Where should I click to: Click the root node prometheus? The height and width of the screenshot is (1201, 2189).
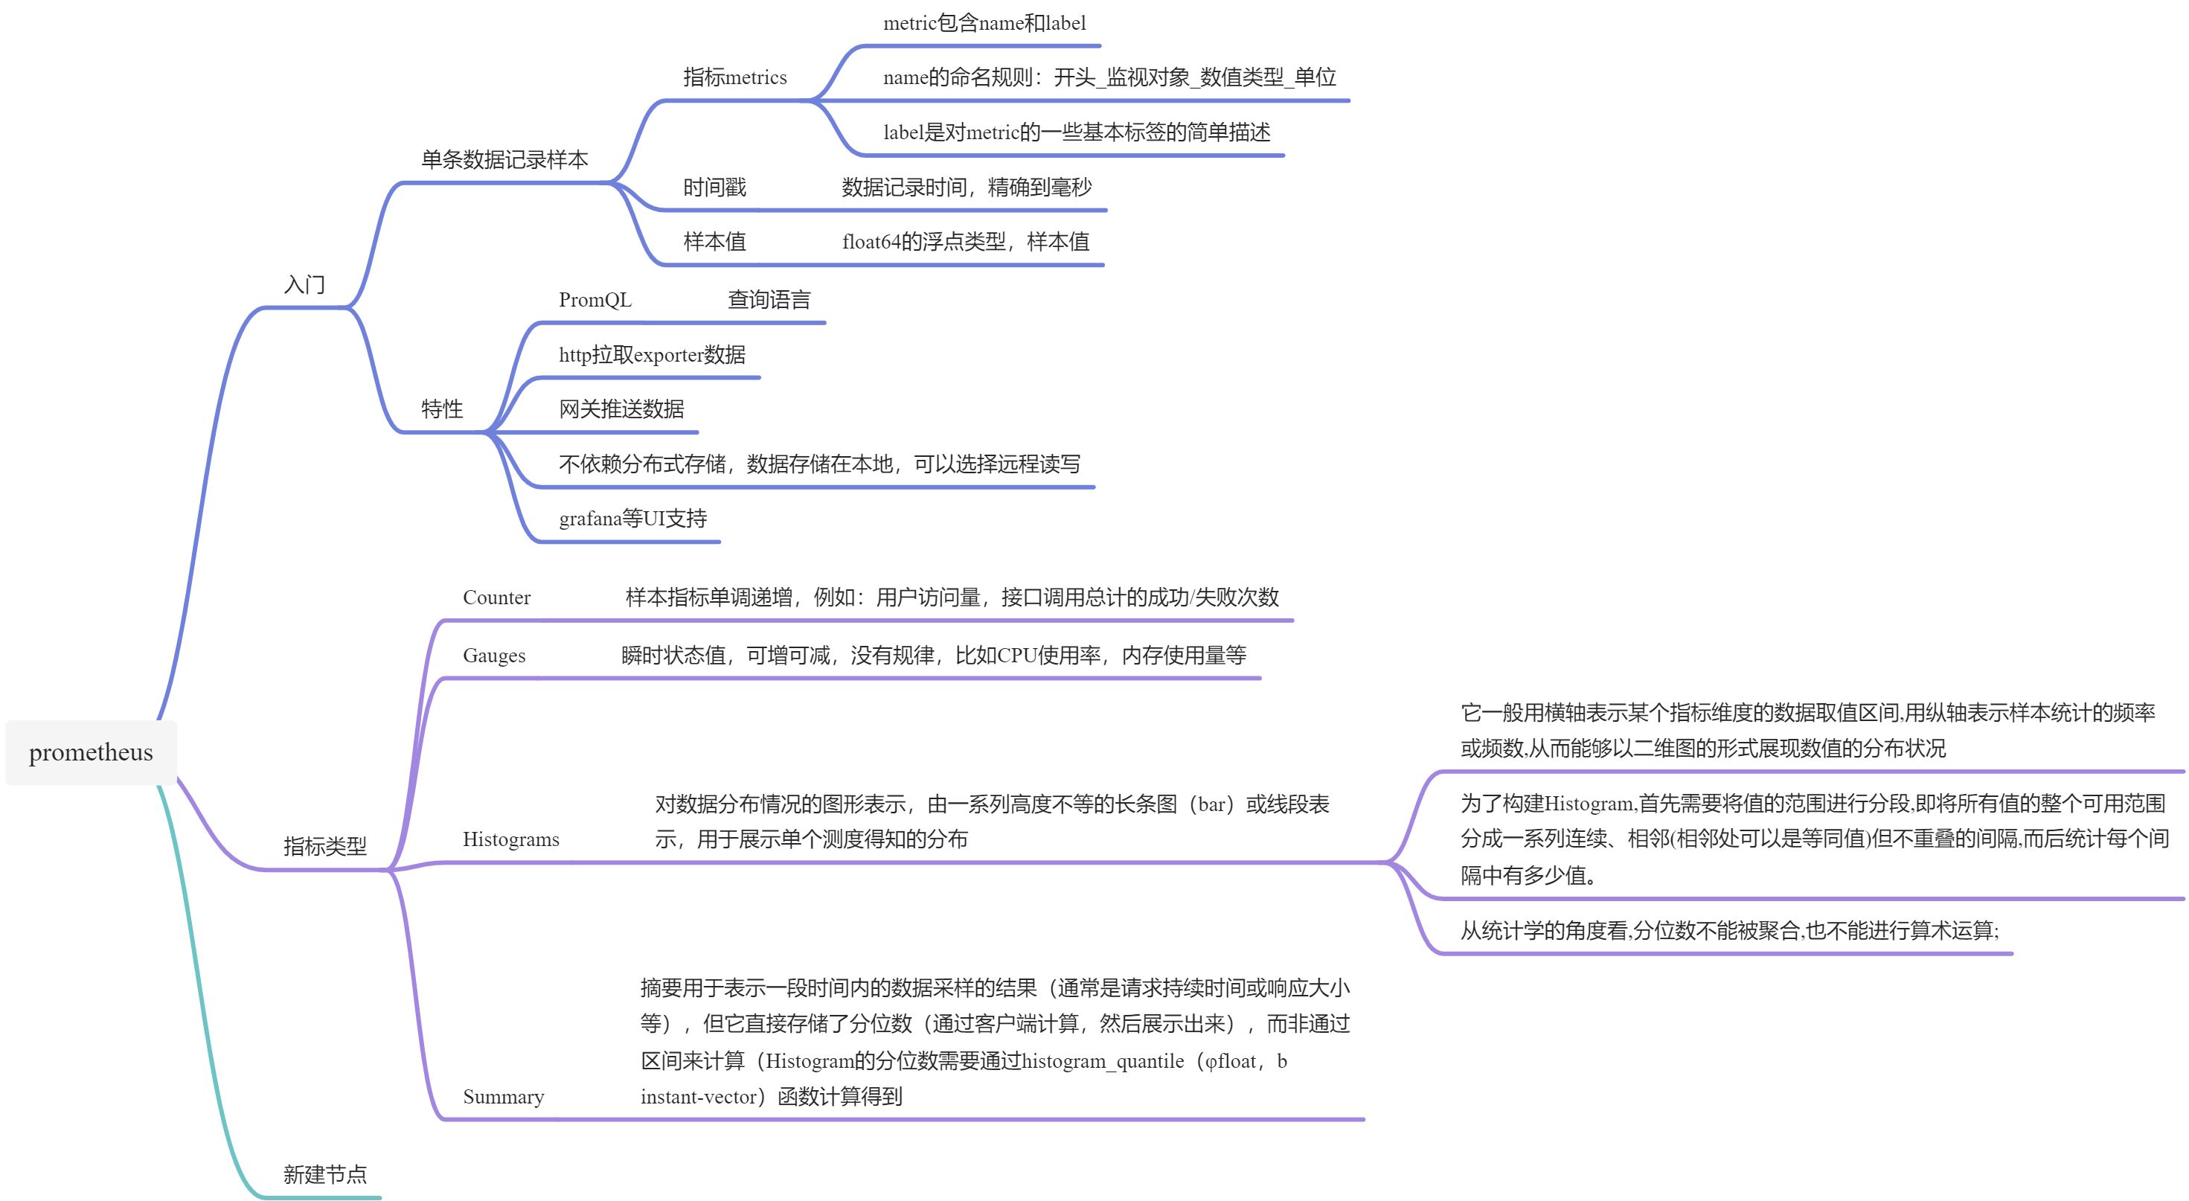91,752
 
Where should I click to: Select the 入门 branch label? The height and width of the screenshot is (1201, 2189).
304,284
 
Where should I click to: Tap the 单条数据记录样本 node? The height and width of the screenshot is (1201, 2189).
504,160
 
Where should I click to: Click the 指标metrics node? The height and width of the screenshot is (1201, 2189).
734,77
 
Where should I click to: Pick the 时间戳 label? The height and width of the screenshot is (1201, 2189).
714,187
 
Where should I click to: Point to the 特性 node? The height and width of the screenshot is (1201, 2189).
442,409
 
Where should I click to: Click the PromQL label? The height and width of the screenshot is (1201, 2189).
594,300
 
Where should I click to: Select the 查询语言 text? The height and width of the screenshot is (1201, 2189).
769,300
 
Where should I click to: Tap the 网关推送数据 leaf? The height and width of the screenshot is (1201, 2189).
621,409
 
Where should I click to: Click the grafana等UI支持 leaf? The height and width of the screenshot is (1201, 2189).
633,519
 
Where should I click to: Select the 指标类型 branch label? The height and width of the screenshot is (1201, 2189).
324,846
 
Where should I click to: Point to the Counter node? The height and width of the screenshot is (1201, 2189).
496,598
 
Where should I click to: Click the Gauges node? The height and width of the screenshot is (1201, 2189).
494,656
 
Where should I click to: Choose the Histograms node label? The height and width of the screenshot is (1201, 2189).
510,840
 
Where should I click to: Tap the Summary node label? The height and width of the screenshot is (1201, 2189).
503,1097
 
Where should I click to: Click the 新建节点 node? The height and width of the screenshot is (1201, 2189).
324,1175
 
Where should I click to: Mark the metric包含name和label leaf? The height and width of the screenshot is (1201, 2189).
984,23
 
